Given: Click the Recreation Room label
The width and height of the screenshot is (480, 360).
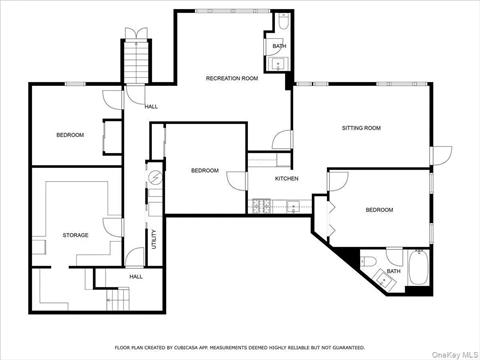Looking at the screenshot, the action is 232,78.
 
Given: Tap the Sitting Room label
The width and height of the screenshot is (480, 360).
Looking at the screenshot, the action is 361,128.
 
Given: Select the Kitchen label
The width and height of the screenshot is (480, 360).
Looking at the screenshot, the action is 286,179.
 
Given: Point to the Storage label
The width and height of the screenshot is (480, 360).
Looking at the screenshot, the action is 75,235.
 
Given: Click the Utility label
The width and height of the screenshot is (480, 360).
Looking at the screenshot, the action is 154,239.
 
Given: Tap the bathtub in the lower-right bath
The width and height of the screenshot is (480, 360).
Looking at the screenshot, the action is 418,267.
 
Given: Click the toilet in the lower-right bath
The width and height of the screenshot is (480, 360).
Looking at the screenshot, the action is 368,261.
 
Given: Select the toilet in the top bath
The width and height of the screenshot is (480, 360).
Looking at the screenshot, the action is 283,21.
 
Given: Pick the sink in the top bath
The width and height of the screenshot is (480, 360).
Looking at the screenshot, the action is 278,64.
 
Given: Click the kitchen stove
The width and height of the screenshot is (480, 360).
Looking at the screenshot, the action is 262,206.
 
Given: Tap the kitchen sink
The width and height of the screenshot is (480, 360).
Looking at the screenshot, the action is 293,207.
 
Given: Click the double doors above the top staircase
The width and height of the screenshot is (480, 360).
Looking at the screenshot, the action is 136,33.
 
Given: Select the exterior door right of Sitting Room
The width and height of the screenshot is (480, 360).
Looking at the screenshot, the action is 441,155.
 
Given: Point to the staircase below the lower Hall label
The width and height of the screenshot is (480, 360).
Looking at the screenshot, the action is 118,299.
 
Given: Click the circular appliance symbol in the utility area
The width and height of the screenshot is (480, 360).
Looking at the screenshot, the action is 155,176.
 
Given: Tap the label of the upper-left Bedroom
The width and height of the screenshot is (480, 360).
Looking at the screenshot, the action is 70,135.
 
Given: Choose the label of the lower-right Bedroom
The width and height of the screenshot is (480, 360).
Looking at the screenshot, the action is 379,210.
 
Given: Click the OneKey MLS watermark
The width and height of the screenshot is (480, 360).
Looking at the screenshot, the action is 455,354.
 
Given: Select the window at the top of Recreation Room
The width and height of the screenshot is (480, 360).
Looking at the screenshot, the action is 232,11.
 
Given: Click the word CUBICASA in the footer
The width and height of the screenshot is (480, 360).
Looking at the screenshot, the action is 186,348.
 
